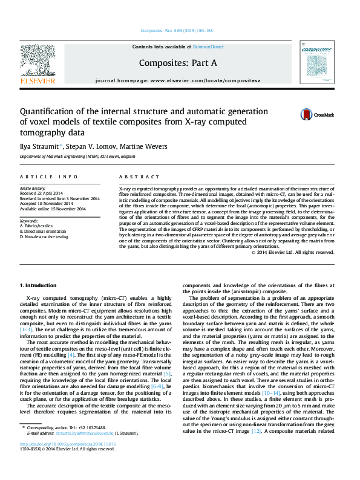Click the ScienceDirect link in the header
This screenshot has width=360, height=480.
pyautogui.click(x=208, y=47)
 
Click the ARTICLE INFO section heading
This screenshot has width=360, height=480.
pyautogui.click(x=48, y=177)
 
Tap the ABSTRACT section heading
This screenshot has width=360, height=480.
pyautogui.click(x=136, y=177)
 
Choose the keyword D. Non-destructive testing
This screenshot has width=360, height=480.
pyautogui.click(x=44, y=236)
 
